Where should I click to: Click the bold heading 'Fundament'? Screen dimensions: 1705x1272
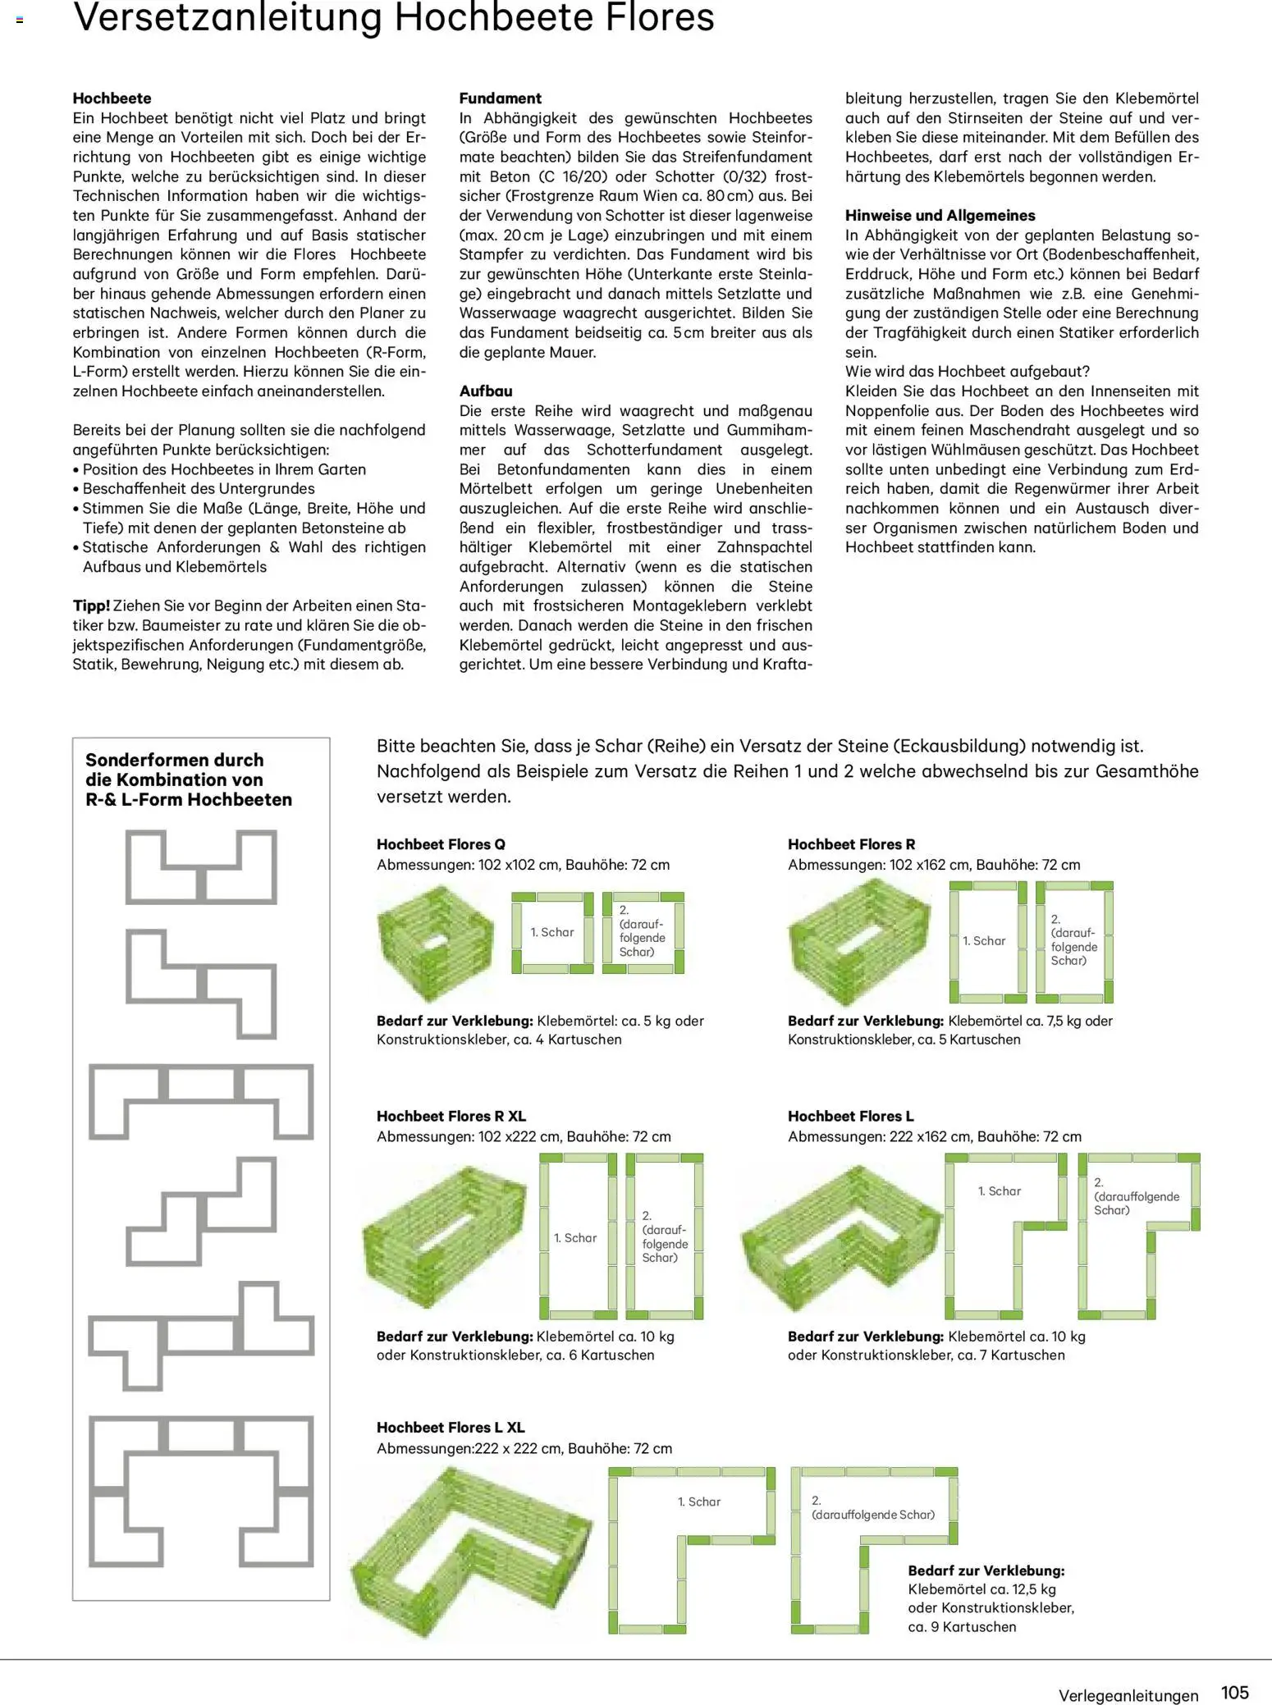(x=500, y=98)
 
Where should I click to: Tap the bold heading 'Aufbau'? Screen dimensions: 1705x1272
(x=485, y=391)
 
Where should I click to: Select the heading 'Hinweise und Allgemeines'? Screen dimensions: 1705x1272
(x=940, y=216)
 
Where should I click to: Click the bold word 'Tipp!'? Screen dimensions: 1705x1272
(x=91, y=606)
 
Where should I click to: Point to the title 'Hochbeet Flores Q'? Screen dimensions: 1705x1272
(x=441, y=844)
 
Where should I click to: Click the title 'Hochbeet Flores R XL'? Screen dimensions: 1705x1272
(x=451, y=1116)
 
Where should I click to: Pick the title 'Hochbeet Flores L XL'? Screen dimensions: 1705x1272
(x=451, y=1427)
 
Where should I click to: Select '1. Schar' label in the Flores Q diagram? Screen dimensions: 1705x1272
(x=552, y=932)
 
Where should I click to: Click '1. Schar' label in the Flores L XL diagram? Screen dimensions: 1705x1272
(x=698, y=1502)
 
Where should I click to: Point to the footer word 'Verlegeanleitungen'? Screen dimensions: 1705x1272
(x=1128, y=1695)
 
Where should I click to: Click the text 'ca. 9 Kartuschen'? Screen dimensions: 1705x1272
(x=962, y=1626)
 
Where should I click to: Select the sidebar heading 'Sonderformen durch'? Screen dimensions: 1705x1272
(x=174, y=760)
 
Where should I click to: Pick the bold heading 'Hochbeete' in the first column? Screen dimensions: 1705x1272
(x=112, y=98)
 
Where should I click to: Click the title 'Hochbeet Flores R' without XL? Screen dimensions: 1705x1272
(x=851, y=844)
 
